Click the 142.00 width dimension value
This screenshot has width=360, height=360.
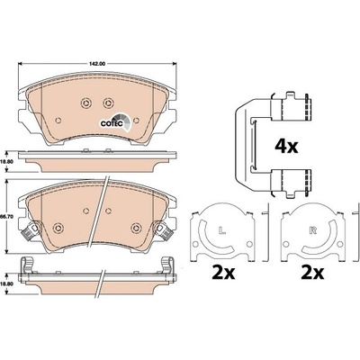[x=97, y=64]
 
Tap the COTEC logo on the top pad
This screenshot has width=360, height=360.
[x=115, y=122]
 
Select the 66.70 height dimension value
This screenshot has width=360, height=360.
[x=5, y=216]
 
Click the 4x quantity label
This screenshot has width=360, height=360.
[x=286, y=147]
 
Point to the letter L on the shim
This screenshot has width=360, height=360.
[x=221, y=230]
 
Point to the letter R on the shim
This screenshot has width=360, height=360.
[x=313, y=230]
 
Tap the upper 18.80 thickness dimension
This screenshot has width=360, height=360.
[x=4, y=161]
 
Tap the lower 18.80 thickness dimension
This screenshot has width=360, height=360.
[x=4, y=283]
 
